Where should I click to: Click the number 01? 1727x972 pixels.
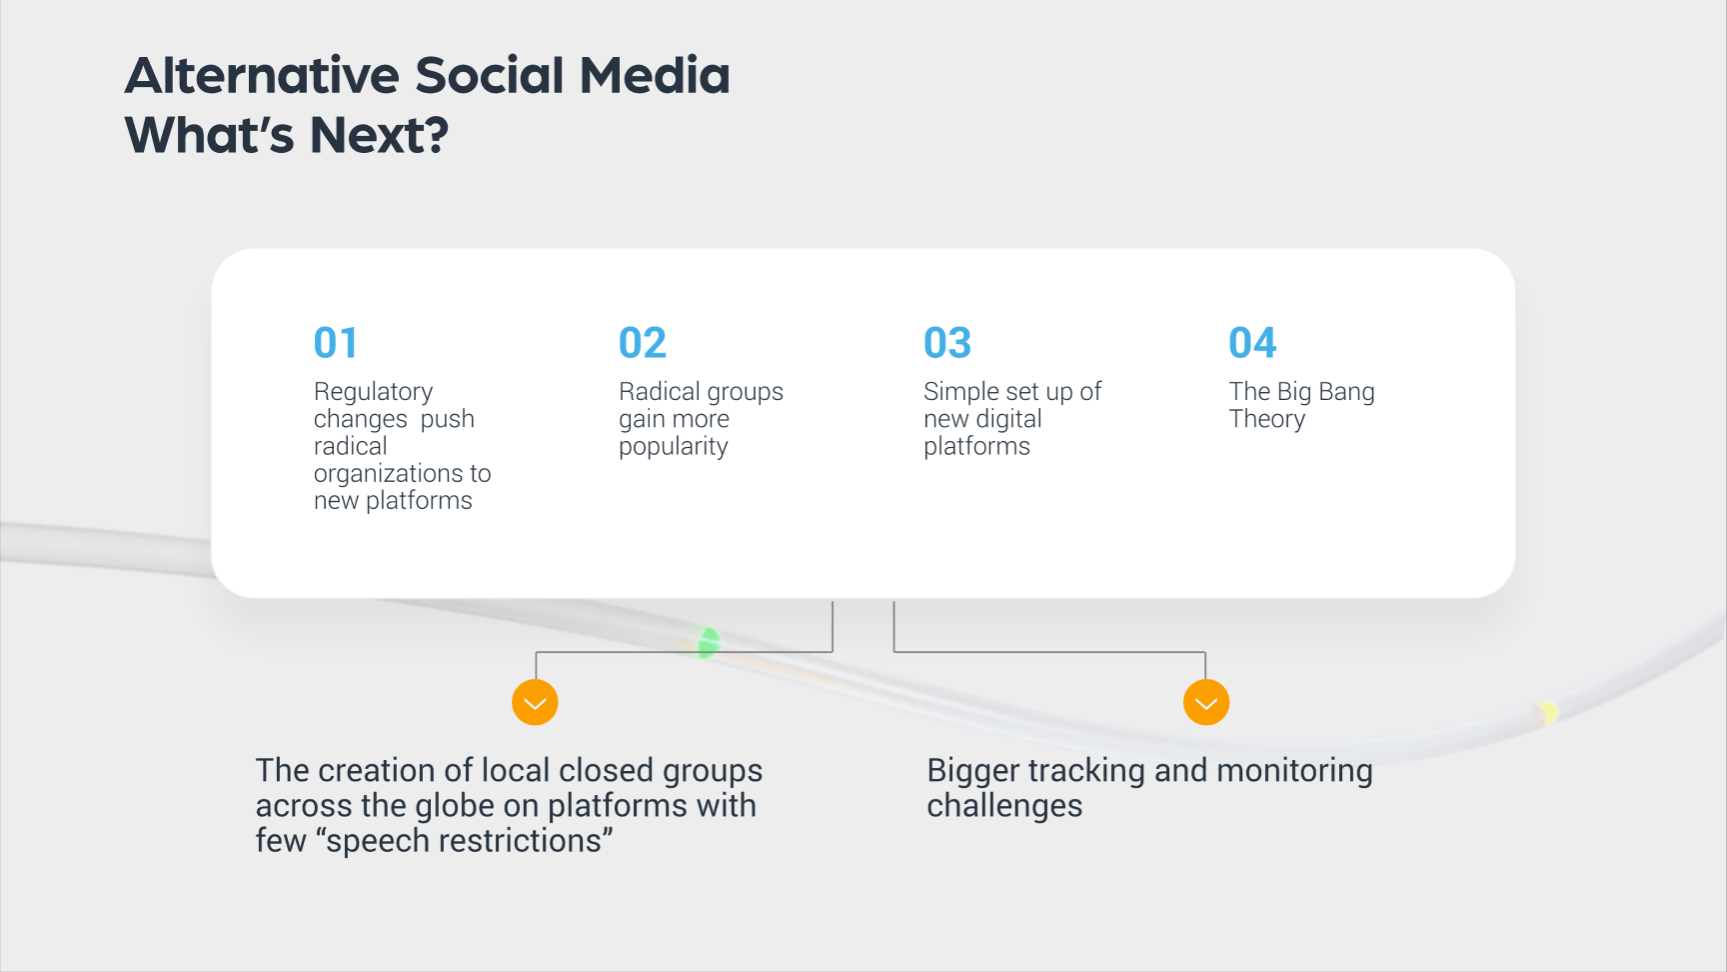point(335,343)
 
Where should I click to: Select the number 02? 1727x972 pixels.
point(643,343)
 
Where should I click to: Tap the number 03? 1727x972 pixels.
point(947,343)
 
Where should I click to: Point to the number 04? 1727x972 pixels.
point(1252,343)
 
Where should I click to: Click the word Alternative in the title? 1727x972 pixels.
point(262,76)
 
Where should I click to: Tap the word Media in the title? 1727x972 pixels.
point(655,76)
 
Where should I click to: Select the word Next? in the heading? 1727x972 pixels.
point(379,135)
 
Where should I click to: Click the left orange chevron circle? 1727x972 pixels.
point(535,703)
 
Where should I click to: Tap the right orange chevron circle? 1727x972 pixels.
point(1206,703)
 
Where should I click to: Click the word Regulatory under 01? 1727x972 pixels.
point(374,393)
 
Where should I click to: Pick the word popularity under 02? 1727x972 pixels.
point(674,448)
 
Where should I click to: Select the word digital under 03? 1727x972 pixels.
point(1009,419)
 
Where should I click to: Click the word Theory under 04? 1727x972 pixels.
point(1267,420)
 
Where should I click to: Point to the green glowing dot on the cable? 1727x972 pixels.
point(708,642)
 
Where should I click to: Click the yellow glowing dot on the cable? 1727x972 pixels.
point(1548,712)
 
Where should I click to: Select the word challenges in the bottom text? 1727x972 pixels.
point(1004,806)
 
